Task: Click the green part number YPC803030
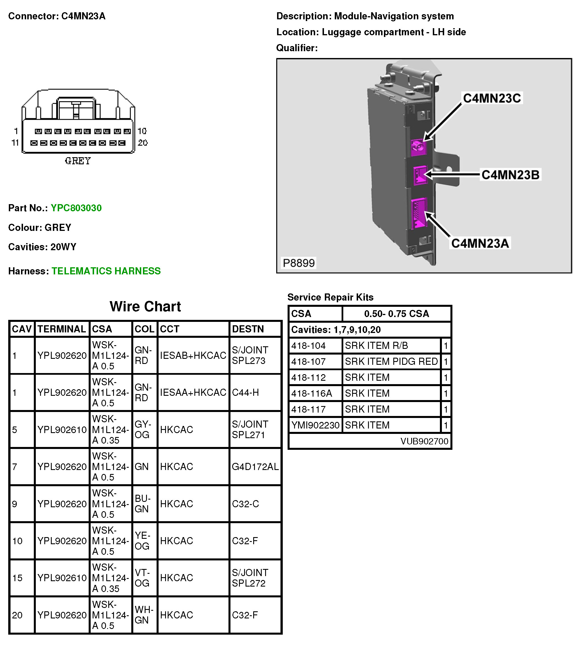[76, 208]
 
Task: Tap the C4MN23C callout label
[492, 98]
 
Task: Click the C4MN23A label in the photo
[480, 243]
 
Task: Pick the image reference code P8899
[299, 263]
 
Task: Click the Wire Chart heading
[145, 307]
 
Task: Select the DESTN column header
[248, 329]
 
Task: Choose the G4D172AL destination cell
[255, 467]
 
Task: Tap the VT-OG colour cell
[142, 578]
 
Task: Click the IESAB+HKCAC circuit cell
[193, 355]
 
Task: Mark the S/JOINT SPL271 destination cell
[250, 429]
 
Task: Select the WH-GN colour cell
[144, 615]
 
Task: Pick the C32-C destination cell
[245, 504]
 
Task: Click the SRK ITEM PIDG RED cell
[391, 362]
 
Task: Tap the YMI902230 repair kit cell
[315, 425]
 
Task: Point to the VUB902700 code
[424, 441]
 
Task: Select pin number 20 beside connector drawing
[143, 143]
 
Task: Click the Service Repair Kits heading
[330, 297]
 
